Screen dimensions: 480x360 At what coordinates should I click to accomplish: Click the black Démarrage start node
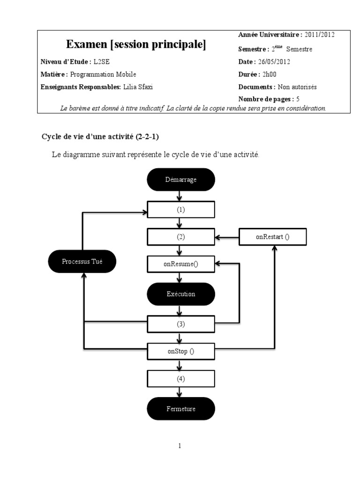click(x=181, y=179)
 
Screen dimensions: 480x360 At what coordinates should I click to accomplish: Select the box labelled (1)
click(x=181, y=210)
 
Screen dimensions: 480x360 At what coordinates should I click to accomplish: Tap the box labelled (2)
click(x=181, y=237)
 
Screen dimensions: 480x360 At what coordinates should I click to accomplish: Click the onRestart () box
click(x=272, y=237)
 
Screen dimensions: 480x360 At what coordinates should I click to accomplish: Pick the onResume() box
click(x=181, y=264)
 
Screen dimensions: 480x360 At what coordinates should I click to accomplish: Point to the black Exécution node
click(x=181, y=294)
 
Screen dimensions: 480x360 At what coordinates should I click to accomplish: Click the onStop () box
click(x=181, y=351)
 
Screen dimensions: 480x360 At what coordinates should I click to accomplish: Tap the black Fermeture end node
click(x=181, y=409)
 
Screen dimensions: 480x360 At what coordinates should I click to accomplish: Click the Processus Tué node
click(x=82, y=262)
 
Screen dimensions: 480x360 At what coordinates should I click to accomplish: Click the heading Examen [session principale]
click(x=136, y=45)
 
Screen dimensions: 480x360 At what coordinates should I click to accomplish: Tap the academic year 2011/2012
click(x=319, y=34)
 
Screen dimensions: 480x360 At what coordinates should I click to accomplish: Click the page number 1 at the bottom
click(x=180, y=446)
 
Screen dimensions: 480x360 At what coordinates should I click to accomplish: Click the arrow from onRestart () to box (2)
click(x=227, y=237)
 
